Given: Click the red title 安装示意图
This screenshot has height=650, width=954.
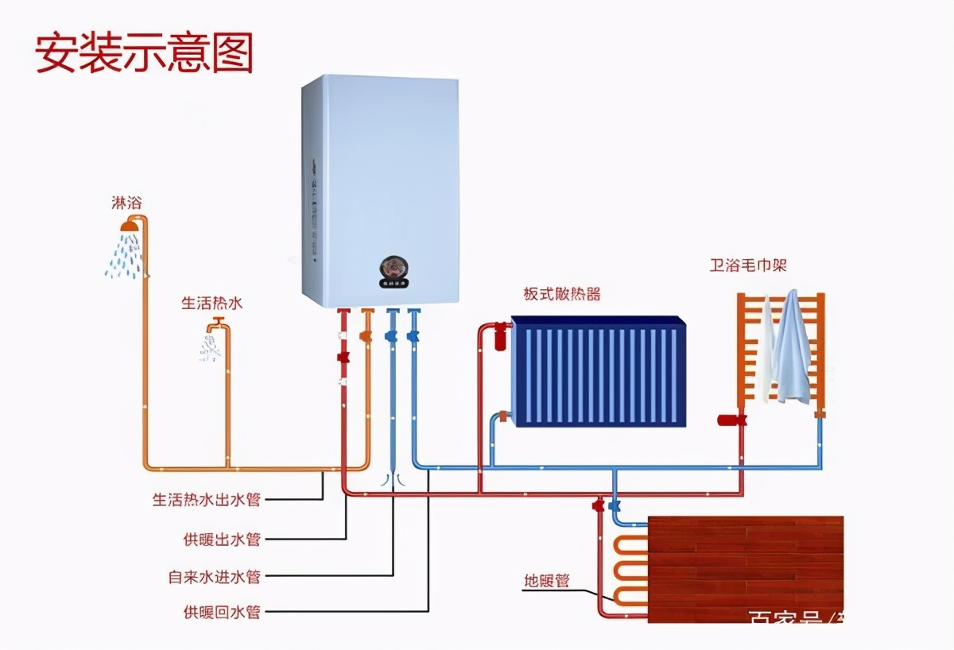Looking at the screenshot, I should coord(144,54).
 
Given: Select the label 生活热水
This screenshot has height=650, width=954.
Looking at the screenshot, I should coord(211,303).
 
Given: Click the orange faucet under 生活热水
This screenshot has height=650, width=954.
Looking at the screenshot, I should coord(217,326).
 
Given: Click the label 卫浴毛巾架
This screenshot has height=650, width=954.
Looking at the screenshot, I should coord(748,265).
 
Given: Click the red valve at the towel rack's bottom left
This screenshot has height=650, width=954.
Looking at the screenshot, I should coord(730,419).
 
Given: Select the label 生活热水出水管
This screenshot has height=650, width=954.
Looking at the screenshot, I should coord(206,500).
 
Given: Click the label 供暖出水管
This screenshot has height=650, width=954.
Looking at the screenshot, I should coord(222,540).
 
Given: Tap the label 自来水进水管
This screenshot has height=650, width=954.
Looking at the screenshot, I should coord(214,576).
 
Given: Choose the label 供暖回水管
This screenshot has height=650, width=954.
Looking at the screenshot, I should coord(222,613).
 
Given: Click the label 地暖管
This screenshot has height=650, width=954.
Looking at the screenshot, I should coord(547,581).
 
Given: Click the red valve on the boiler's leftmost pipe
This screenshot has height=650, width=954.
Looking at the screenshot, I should coord(343,357).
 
